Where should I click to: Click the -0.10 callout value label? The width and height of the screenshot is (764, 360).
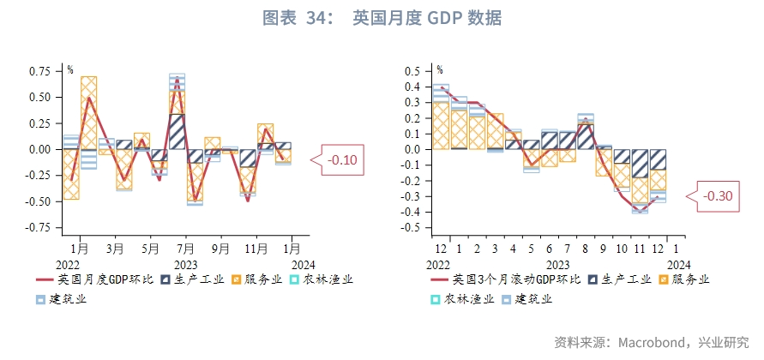pyautogui.click(x=342, y=159)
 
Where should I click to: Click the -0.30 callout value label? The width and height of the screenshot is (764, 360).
pyautogui.click(x=718, y=195)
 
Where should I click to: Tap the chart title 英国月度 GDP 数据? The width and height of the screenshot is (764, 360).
pyautogui.click(x=427, y=18)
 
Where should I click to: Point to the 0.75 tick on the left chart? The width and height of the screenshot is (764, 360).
pyautogui.click(x=39, y=72)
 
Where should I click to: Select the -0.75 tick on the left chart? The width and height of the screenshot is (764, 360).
pyautogui.click(x=38, y=227)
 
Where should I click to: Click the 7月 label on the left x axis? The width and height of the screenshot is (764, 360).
pyautogui.click(x=185, y=249)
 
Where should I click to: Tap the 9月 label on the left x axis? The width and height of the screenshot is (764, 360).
pyautogui.click(x=220, y=249)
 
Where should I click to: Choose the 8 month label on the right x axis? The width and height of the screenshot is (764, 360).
pyautogui.click(x=585, y=249)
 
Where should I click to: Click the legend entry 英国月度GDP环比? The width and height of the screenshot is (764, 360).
pyautogui.click(x=95, y=279)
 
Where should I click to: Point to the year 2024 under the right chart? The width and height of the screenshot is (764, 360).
pyautogui.click(x=679, y=265)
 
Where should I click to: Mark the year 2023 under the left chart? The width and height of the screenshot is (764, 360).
pyautogui.click(x=185, y=265)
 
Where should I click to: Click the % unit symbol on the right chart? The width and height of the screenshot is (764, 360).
pyautogui.click(x=440, y=70)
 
